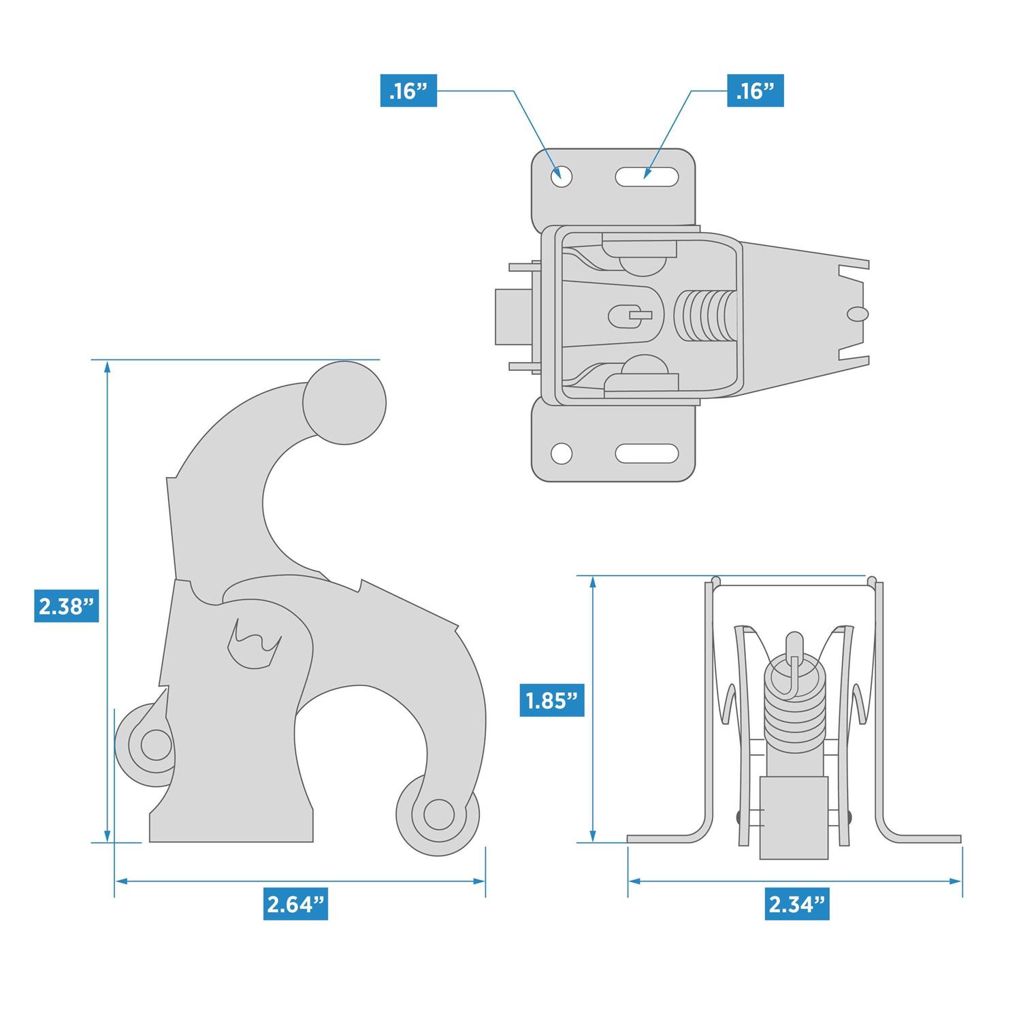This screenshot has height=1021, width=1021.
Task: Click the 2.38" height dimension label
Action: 67,606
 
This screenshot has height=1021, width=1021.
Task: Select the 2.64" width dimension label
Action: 295,904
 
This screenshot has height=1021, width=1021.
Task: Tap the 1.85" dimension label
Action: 552,700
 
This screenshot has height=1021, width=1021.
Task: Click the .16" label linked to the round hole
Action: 408,91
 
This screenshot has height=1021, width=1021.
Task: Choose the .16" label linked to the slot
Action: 756,91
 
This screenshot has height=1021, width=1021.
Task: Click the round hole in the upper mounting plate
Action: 562,176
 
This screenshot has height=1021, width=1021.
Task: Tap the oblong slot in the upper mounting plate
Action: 647,177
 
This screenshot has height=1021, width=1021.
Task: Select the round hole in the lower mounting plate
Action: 562,453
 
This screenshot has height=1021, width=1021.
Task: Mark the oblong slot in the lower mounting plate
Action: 647,453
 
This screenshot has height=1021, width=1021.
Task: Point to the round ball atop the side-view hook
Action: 344,403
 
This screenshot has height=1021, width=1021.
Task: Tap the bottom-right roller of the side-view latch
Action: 438,814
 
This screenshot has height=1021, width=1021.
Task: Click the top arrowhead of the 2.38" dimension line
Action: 107,368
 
